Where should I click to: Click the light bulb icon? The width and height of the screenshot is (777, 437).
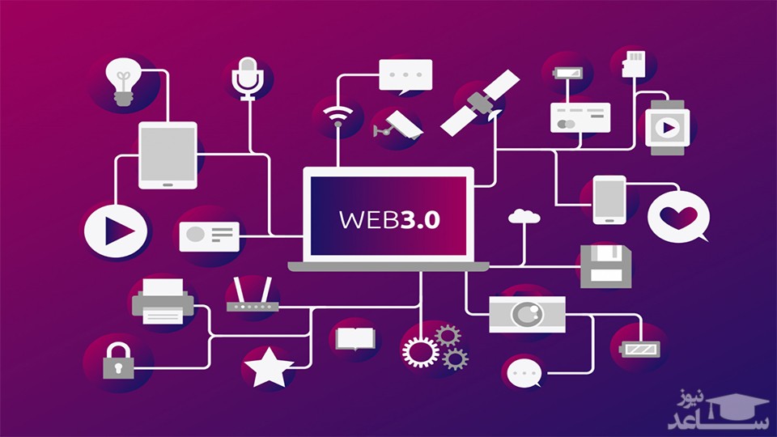tap(124, 82)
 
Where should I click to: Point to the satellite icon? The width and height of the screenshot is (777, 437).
tap(480, 101)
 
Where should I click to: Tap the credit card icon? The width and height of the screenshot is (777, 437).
tap(580, 117)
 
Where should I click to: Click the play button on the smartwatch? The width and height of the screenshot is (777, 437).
tap(668, 127)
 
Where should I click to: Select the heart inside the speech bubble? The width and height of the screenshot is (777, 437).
tap(678, 217)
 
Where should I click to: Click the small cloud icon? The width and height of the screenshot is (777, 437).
tap(524, 216)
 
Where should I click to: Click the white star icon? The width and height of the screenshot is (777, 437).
tap(269, 367)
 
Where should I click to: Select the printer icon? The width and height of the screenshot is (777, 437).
tap(163, 301)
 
